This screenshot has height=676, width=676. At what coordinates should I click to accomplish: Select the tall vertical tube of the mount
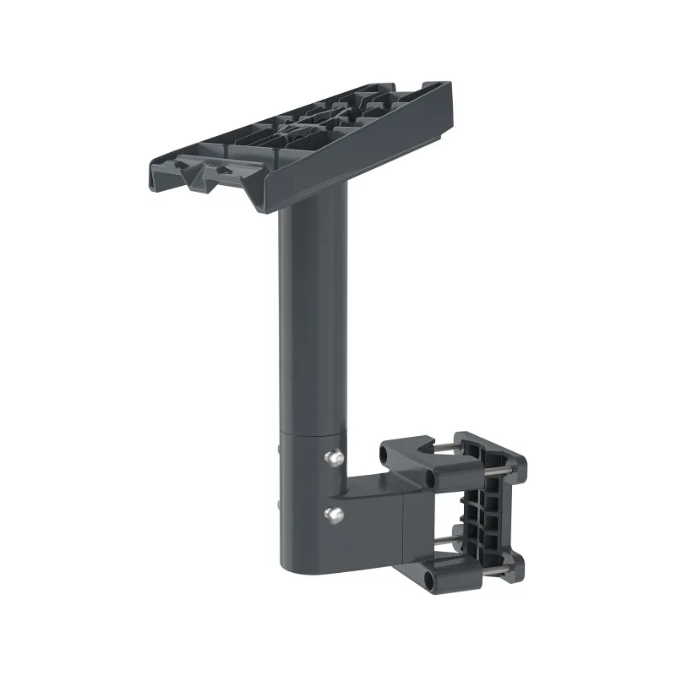(311, 321)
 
